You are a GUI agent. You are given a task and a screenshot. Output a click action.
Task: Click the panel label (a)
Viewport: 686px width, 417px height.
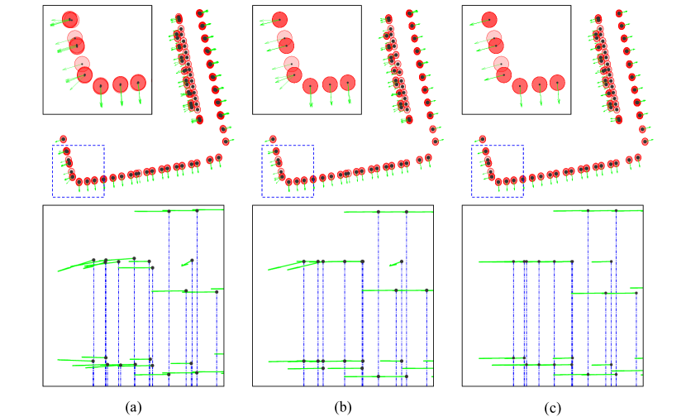pyautogui.click(x=134, y=406)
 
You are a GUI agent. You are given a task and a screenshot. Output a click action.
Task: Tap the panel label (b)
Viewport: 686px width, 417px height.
pyautogui.click(x=342, y=406)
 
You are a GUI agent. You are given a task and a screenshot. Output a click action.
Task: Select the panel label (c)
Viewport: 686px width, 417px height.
pyautogui.click(x=552, y=406)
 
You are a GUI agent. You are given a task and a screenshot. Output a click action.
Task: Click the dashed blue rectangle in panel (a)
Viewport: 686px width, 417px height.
pyautogui.click(x=78, y=171)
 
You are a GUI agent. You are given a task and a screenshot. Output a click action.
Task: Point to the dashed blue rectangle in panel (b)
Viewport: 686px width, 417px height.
pyautogui.click(x=288, y=171)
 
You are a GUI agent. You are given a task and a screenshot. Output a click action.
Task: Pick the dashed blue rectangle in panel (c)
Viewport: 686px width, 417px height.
pyautogui.click(x=497, y=171)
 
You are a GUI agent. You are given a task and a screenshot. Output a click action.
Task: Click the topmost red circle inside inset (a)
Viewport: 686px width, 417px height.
pyautogui.click(x=70, y=19)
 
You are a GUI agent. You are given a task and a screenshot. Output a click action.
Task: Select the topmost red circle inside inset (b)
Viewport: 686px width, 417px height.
pyautogui.click(x=279, y=19)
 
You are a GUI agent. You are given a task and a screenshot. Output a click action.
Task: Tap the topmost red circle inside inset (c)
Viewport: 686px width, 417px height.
pyautogui.click(x=489, y=19)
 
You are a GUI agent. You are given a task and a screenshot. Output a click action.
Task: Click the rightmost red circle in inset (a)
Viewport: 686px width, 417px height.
pyautogui.click(x=138, y=82)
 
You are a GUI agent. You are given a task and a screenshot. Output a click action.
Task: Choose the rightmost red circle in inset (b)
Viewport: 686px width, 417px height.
pyautogui.click(x=348, y=82)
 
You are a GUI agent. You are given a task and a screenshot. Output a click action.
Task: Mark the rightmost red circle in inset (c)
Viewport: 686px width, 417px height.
pyautogui.click(x=558, y=82)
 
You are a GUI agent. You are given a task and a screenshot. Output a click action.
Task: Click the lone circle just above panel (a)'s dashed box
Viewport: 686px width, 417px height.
pyautogui.click(x=63, y=140)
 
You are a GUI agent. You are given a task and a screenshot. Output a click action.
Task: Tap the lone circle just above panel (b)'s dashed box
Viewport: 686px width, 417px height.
pyautogui.click(x=273, y=140)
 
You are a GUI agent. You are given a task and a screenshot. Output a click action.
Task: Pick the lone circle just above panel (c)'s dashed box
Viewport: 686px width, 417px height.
pyautogui.click(x=482, y=140)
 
